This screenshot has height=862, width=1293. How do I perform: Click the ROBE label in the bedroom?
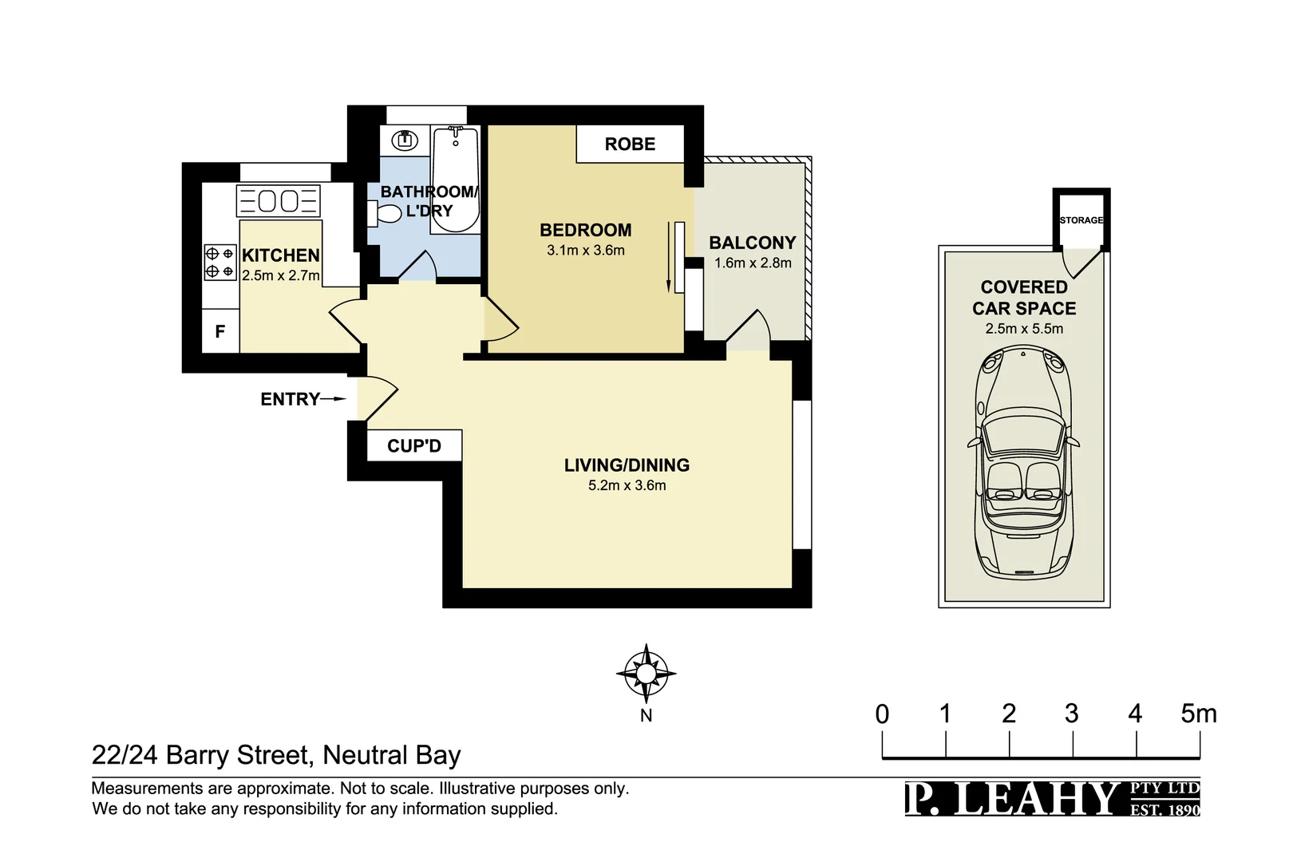click(630, 144)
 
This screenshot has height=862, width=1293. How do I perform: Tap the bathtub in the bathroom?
click(455, 180)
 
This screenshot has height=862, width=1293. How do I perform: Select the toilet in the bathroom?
click(386, 214)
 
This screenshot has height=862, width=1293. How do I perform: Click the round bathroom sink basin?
click(405, 140)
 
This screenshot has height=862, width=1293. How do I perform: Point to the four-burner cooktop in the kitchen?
click(220, 262)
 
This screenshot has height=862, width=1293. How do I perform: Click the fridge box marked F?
click(220, 331)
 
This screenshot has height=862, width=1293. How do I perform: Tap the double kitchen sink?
click(279, 201)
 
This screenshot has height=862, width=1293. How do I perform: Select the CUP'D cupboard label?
click(413, 446)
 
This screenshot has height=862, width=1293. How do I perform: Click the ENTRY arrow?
click(334, 399)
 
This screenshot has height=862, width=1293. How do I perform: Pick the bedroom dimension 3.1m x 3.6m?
click(585, 251)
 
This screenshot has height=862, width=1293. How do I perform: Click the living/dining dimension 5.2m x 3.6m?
click(627, 485)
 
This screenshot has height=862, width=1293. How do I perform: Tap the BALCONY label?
click(752, 243)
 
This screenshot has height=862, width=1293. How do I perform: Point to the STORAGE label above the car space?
click(1081, 220)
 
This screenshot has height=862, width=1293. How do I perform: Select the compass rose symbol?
click(646, 674)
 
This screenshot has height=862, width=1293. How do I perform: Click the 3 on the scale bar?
click(1071, 714)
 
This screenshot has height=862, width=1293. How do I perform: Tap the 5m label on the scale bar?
click(1198, 714)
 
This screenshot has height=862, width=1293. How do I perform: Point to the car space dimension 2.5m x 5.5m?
click(1023, 329)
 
